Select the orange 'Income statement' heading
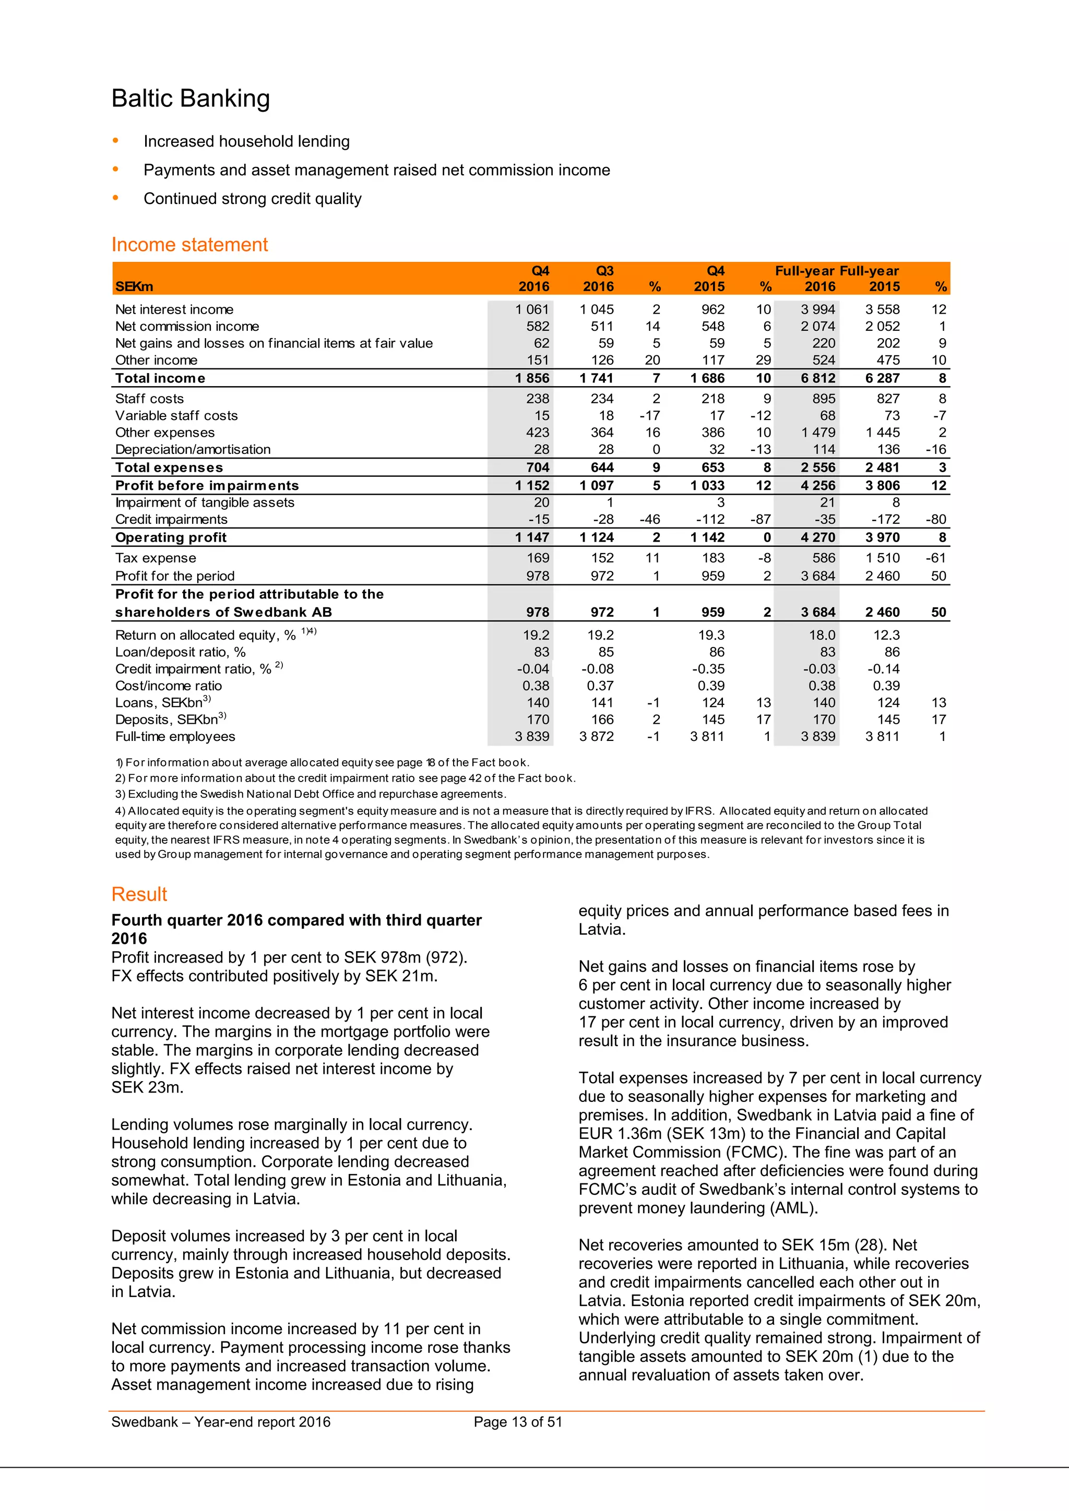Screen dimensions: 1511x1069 189,245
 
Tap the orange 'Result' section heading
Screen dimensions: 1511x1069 139,894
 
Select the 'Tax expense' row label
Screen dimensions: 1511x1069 156,558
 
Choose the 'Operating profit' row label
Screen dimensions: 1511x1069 171,538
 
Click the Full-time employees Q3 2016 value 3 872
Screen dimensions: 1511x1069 597,736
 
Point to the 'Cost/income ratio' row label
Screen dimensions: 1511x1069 169,686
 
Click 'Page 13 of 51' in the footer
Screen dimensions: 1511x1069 517,1422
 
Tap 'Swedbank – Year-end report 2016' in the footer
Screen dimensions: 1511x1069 220,1422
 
